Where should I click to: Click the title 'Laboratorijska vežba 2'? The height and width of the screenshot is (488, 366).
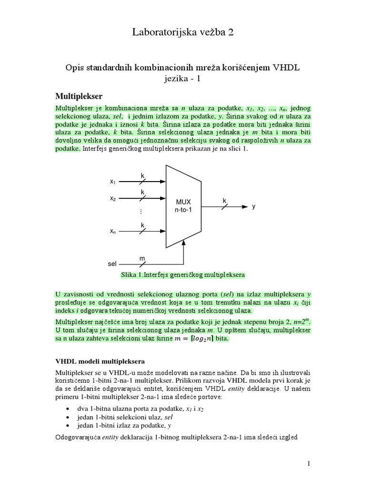point(183,32)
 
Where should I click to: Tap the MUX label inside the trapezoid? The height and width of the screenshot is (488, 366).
point(183,202)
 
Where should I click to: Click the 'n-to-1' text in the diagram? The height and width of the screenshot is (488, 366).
point(183,210)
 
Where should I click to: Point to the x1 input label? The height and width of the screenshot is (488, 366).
point(113,182)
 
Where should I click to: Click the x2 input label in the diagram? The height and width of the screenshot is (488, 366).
point(113,199)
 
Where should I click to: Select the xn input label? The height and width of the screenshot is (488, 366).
point(113,231)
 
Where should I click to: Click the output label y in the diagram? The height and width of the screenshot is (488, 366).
point(254,207)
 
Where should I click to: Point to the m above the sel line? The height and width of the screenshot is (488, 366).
point(142,258)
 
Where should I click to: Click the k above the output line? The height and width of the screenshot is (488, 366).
point(224,201)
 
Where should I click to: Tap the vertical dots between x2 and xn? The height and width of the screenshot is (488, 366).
point(142,211)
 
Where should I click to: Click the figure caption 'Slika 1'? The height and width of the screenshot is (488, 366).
point(183,275)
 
